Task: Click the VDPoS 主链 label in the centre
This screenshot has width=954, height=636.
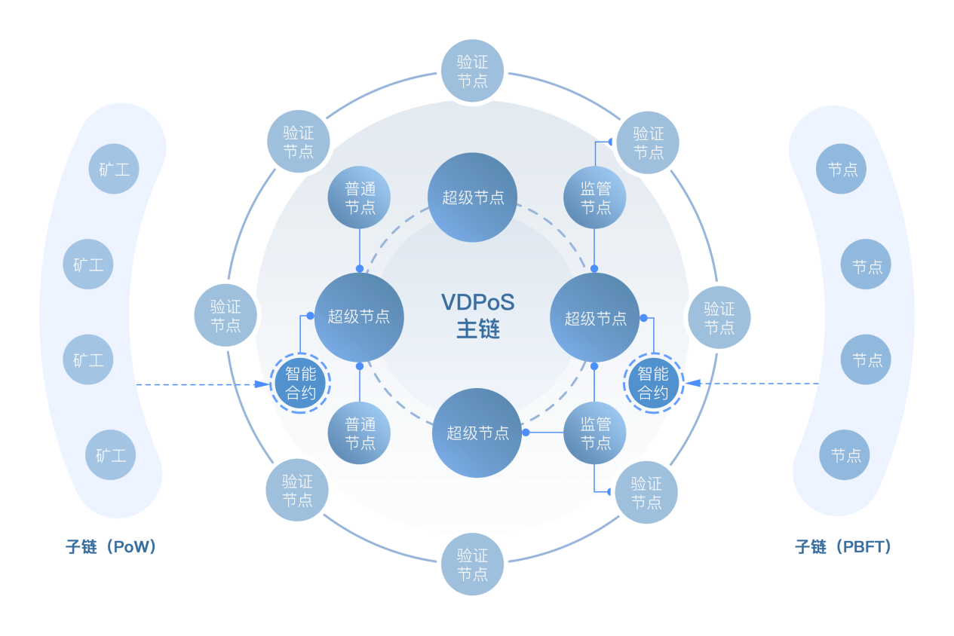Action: [x=477, y=316]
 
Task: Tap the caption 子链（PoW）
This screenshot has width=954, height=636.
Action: [x=111, y=546]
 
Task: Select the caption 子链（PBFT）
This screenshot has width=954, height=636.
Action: [x=843, y=546]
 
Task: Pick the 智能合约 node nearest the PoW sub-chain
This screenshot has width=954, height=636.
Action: [x=300, y=383]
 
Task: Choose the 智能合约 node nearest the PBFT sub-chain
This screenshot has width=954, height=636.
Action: [x=653, y=383]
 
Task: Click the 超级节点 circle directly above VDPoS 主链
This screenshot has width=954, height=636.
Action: [x=473, y=197]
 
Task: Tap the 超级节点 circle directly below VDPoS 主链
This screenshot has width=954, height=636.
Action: [x=477, y=433]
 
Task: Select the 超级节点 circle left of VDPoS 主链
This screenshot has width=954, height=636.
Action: [x=359, y=316]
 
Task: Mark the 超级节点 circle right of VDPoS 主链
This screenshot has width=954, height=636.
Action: [x=596, y=317]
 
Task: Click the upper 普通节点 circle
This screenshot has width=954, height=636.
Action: [x=360, y=197]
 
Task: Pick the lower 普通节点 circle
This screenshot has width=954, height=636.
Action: [x=360, y=433]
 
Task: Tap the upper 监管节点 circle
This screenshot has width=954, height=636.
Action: [x=595, y=197]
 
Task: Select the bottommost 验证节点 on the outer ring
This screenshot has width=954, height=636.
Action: [x=473, y=564]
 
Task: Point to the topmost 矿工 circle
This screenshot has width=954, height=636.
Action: [x=114, y=169]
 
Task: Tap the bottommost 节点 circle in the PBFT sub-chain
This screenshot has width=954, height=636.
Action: [x=845, y=455]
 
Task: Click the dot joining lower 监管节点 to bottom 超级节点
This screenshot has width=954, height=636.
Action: [x=526, y=433]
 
